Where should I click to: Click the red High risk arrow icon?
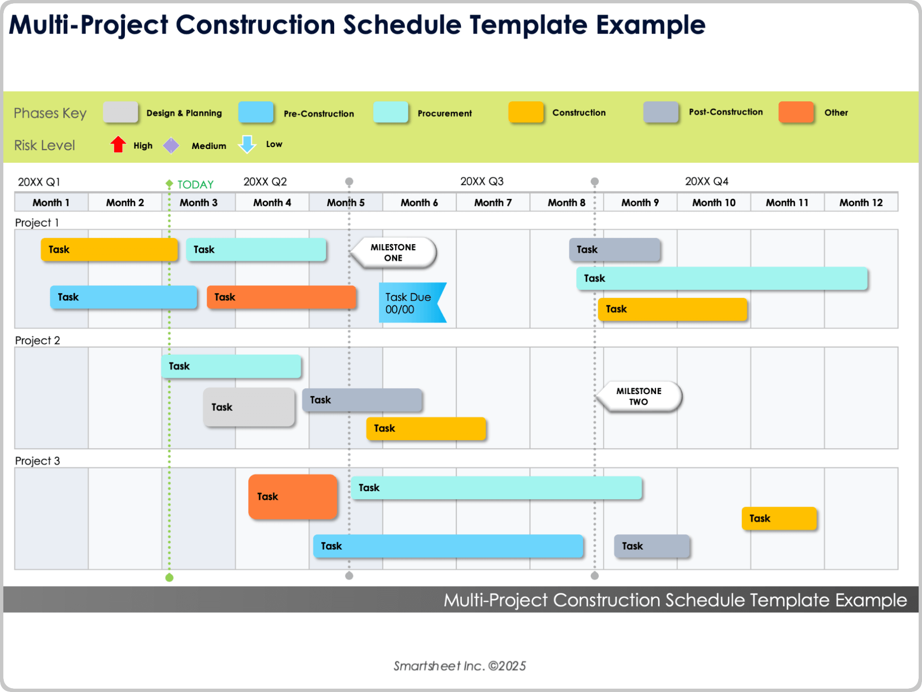[x=118, y=144]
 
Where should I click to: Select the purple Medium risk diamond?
[x=171, y=145]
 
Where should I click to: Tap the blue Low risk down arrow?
[x=247, y=144]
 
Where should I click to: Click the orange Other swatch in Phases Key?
[x=796, y=112]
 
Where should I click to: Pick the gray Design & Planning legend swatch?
[x=120, y=112]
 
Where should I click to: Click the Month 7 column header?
[x=493, y=202]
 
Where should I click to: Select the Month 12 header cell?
[x=861, y=202]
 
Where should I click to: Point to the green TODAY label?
[x=195, y=185]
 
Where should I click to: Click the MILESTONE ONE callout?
[x=394, y=252]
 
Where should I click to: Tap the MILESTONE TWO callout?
[x=639, y=396]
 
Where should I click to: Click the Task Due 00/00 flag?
[x=411, y=303]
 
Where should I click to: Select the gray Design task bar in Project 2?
[x=249, y=407]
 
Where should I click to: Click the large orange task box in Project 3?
[x=292, y=496]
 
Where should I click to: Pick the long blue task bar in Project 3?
[x=448, y=546]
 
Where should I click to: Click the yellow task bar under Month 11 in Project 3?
[x=779, y=519]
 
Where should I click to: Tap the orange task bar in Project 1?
[x=281, y=297]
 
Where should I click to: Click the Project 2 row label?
[x=37, y=340]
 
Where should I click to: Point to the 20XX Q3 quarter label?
[x=482, y=181]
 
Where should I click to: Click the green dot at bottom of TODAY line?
[x=169, y=578]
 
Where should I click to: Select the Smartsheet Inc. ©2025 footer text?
[x=460, y=666]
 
